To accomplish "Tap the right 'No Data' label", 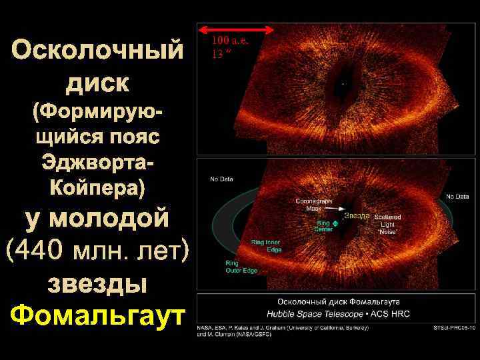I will point(457,196).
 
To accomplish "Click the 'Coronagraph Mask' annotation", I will point(309,204).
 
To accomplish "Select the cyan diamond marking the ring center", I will point(335,225).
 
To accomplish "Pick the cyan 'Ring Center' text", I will point(323,227).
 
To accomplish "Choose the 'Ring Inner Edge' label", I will point(265,245).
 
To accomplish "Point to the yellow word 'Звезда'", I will point(358,215).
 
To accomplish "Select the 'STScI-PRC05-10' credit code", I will point(453,327).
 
